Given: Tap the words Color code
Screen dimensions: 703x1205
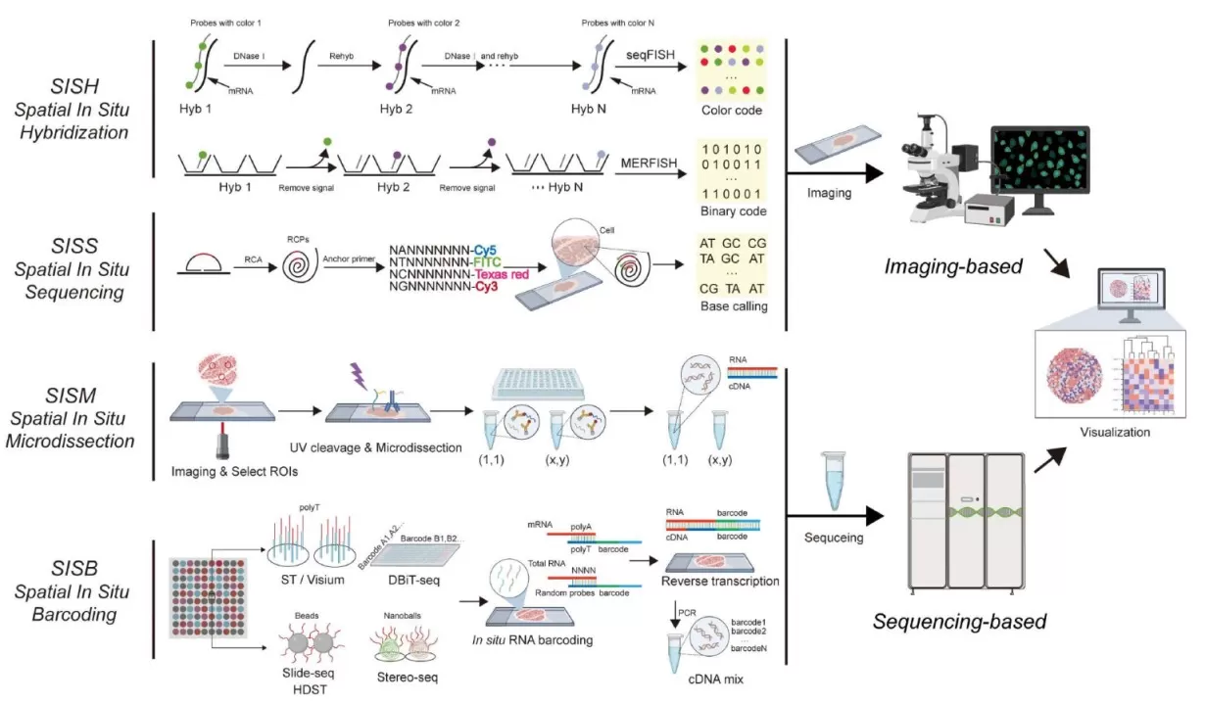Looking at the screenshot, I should point(732,111).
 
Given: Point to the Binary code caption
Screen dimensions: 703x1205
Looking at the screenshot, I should point(732,211).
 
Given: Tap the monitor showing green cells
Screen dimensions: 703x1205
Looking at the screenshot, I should point(1040,171).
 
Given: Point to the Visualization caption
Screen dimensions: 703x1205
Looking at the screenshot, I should point(1114,432).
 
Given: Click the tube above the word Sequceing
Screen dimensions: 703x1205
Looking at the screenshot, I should point(831,480).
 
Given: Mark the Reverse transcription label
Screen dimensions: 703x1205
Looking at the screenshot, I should point(720,582).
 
